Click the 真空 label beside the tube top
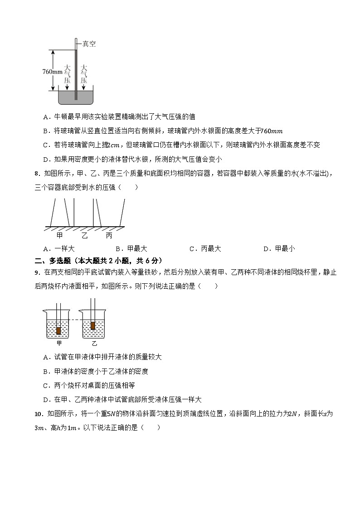[x=89, y=44]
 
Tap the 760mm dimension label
[x=52, y=72]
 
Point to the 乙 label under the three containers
[x=84, y=235]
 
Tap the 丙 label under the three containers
[x=109, y=235]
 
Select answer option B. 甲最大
[x=131, y=248]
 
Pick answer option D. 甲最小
[x=279, y=248]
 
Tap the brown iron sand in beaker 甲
[x=58, y=331]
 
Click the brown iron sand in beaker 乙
[x=93, y=325]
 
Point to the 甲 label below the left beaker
[x=59, y=343]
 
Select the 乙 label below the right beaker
[x=94, y=343]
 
